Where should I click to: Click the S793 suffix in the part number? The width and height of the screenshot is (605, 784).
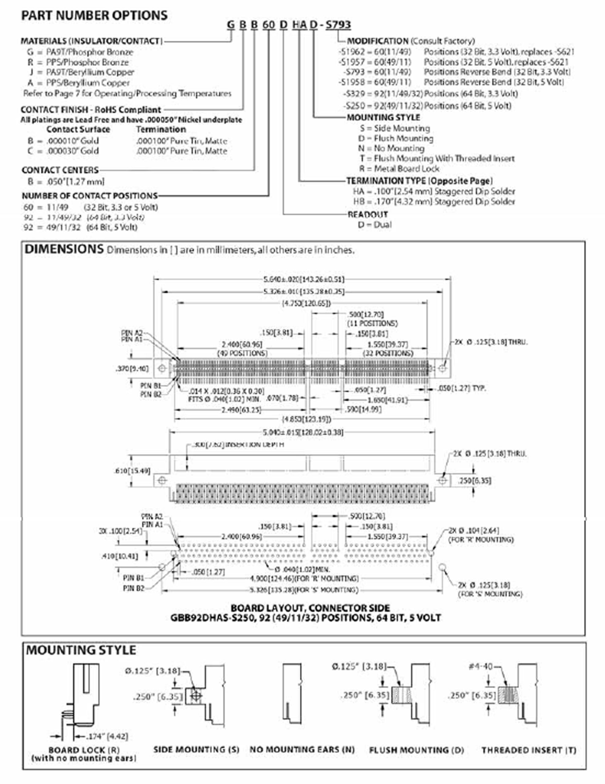click(338, 25)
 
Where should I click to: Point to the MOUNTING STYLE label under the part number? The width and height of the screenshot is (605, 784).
click(383, 117)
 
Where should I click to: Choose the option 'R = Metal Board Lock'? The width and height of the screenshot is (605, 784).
click(399, 169)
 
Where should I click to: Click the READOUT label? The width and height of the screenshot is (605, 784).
click(368, 214)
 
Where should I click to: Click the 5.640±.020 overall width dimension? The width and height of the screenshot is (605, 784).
click(303, 279)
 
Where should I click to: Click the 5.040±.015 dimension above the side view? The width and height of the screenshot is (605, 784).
click(303, 432)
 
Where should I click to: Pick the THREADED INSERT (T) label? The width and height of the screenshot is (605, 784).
click(529, 750)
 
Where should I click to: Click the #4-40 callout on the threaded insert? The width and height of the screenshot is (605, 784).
click(481, 666)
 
